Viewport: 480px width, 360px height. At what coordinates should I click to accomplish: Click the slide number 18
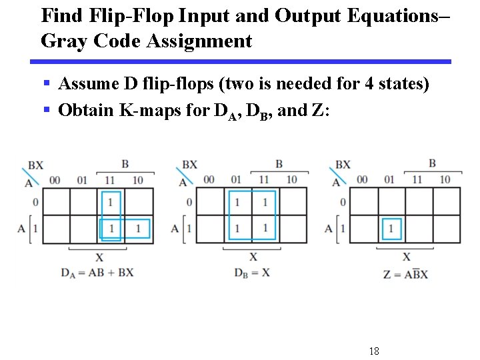click(x=373, y=351)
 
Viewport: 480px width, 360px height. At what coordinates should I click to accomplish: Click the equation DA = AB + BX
click(x=97, y=272)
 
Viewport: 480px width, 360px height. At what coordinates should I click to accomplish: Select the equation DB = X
click(x=251, y=272)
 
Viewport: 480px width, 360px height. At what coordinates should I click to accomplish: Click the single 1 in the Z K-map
click(x=391, y=229)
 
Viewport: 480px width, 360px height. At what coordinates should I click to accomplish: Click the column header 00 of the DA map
click(x=54, y=180)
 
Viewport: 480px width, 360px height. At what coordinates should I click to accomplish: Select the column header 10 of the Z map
click(x=445, y=180)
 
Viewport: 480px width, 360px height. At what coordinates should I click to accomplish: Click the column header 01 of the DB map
click(x=236, y=180)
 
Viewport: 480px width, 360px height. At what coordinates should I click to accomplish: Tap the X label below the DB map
click(x=253, y=257)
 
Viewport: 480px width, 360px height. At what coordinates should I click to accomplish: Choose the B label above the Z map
click(x=432, y=163)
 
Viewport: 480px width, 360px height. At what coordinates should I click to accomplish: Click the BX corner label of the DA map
click(x=37, y=165)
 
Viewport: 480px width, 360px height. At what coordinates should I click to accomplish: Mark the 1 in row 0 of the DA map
click(x=111, y=201)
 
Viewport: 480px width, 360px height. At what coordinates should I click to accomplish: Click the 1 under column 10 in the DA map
click(x=138, y=229)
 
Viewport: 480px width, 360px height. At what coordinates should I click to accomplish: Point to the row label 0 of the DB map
click(x=190, y=202)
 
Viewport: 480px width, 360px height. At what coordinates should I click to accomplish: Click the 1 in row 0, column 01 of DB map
click(x=237, y=201)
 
